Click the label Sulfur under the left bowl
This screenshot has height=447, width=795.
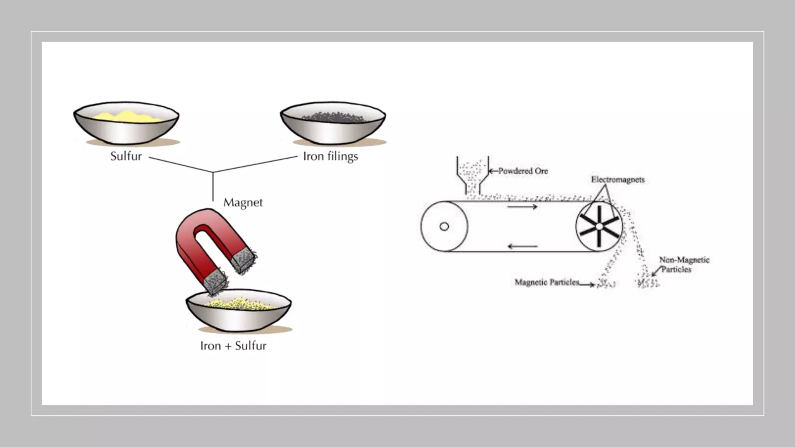tap(126, 156)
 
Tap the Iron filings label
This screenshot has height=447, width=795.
tap(330, 157)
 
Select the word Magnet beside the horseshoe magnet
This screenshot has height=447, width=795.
tap(243, 203)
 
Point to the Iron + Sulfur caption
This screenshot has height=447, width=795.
tap(233, 346)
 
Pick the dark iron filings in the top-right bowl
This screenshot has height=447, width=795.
tap(333, 117)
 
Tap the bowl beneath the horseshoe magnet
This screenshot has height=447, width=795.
tap(239, 316)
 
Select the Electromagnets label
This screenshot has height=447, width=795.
tap(618, 180)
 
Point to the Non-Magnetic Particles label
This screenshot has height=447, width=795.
tap(684, 265)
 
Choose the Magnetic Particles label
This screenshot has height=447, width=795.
tap(547, 282)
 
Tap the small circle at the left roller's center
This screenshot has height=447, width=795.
tap(444, 227)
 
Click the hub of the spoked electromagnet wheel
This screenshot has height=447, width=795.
tap(599, 226)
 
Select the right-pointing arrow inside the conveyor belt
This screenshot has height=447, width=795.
tap(522, 207)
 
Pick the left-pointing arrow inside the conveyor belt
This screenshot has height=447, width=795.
tap(522, 246)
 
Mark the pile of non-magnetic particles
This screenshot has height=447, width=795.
tap(646, 282)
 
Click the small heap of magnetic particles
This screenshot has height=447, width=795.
tap(606, 284)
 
